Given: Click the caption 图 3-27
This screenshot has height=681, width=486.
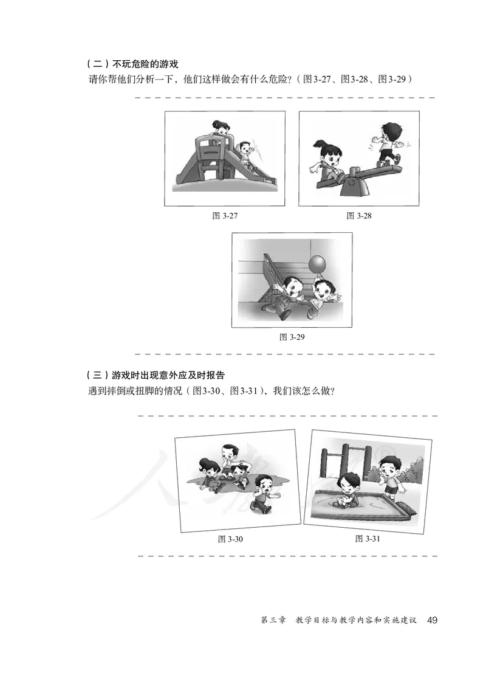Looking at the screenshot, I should click(225, 216).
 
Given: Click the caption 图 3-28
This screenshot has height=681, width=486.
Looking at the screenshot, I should click(358, 216).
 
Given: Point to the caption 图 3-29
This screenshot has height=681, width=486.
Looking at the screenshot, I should click(292, 337).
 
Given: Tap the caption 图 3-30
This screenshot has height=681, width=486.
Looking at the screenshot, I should click(231, 539).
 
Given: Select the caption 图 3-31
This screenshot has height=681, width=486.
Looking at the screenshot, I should click(368, 539).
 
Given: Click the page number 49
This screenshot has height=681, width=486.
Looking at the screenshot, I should click(433, 620).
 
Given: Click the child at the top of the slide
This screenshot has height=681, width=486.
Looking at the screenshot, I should click(221, 131).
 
